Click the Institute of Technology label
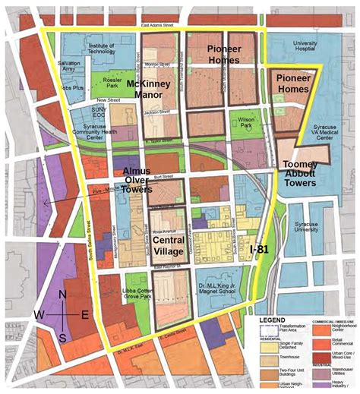click(101, 49)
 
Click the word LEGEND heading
click(273, 320)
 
